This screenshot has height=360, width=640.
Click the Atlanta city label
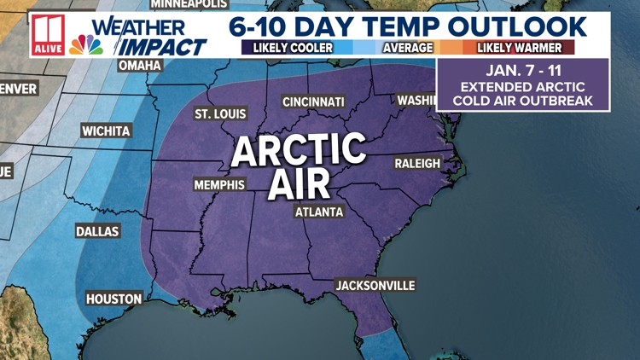pyautogui.click(x=319, y=212)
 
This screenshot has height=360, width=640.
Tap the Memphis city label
pyautogui.click(x=219, y=184)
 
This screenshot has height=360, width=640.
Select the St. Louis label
pyautogui.click(x=220, y=113)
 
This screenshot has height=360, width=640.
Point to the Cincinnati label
pyautogui.click(x=314, y=102)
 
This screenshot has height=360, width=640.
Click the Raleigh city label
pyautogui.click(x=417, y=163)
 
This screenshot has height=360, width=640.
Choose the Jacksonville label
pyautogui.click(x=375, y=285)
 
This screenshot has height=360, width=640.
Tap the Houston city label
pyautogui.click(x=113, y=299)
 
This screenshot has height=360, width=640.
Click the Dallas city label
pyautogui.click(x=97, y=231)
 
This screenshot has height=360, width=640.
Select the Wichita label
pyautogui.click(x=106, y=131)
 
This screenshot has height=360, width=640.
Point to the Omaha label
pyautogui.click(x=140, y=65)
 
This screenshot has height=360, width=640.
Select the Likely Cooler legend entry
pyautogui.click(x=292, y=48)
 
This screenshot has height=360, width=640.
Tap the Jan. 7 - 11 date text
pyautogui.click(x=521, y=70)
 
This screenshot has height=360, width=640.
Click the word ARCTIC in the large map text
pyautogui.click(x=299, y=151)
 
